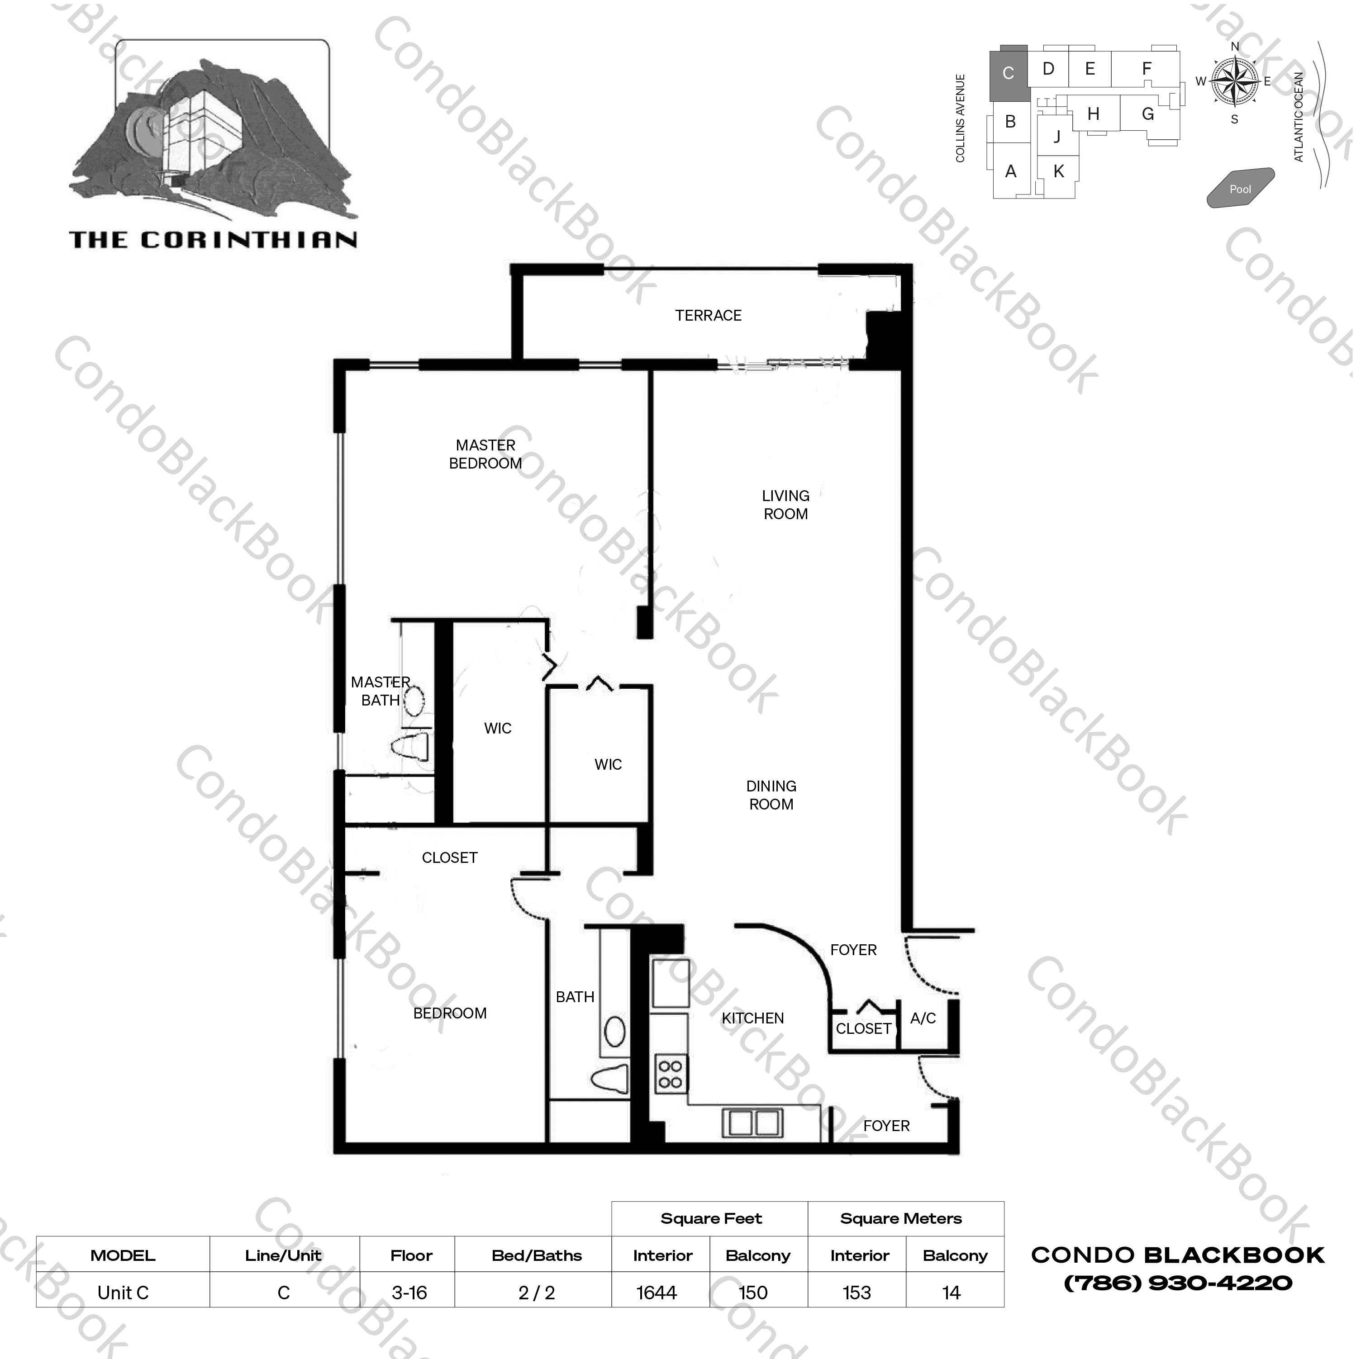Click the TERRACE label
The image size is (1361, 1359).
tap(708, 316)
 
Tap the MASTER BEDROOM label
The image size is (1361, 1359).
tap(485, 454)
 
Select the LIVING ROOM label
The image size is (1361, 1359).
tap(785, 505)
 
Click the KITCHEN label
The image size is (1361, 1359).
tap(752, 1018)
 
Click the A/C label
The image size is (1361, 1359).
tap(923, 1018)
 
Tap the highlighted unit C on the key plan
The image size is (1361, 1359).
tap(1008, 73)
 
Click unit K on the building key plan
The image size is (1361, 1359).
tap(1058, 171)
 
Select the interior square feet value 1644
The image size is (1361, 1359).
tap(657, 1293)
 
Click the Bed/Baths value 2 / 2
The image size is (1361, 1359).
tap(537, 1293)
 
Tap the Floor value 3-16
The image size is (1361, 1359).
tap(409, 1293)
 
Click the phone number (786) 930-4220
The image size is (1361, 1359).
tap(1178, 1283)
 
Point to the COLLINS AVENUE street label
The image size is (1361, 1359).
tap(960, 118)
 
